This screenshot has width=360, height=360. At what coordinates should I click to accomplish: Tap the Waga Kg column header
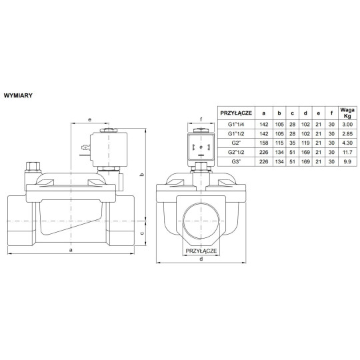click(346, 113)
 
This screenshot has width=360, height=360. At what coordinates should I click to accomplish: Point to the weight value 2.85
click(346, 133)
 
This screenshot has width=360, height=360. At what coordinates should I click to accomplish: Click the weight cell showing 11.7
click(346, 151)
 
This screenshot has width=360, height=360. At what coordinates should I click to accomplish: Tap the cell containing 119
click(306, 143)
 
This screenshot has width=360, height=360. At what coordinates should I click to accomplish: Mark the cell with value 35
click(293, 143)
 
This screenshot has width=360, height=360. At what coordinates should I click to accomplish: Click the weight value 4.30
click(346, 143)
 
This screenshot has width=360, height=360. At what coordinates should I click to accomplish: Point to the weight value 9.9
click(346, 161)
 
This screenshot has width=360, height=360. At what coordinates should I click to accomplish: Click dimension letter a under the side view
click(71, 250)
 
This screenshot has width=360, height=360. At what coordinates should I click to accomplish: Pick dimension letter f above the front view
click(201, 121)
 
